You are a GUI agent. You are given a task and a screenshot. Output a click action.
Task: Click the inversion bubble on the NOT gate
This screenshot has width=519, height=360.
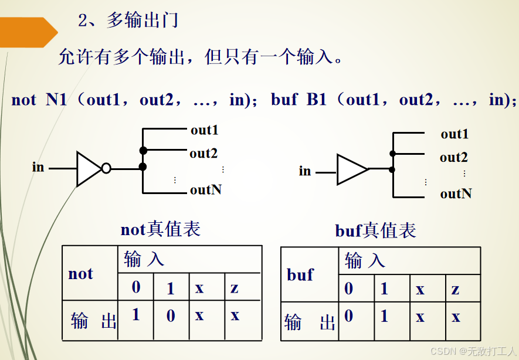106,169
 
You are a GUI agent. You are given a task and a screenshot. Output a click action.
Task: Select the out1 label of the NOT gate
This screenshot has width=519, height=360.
204,130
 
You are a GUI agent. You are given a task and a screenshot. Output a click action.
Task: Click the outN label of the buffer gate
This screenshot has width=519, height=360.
456,193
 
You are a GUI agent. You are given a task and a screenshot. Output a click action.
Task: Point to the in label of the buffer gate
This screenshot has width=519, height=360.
305,171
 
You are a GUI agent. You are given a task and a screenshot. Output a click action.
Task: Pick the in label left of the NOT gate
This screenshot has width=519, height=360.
38,167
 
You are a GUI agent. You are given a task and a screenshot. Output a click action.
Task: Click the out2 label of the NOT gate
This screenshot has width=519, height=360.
203,154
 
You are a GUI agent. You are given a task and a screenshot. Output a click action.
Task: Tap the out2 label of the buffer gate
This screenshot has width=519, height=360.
454,158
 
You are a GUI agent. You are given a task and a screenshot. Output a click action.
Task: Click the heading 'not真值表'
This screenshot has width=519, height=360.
161,229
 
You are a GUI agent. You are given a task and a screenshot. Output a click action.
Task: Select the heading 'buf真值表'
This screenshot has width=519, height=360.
376,231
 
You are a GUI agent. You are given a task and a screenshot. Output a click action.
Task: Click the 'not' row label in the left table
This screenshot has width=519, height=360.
80,274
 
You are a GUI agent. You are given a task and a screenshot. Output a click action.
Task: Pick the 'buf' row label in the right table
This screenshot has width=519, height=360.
300,275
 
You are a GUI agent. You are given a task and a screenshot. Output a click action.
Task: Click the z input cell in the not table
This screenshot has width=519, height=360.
235,288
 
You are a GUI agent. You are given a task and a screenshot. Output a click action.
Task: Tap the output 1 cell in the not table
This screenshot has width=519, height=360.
135,315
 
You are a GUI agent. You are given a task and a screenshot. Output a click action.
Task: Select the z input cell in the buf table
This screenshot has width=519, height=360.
455,289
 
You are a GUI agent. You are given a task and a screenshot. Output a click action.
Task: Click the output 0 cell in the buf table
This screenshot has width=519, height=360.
348,317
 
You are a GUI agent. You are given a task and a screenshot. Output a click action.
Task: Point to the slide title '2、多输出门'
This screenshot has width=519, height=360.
128,21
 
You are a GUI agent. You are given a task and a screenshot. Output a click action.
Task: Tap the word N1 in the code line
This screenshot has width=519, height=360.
57,100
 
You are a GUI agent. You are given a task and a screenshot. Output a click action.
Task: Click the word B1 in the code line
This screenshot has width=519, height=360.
316,100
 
